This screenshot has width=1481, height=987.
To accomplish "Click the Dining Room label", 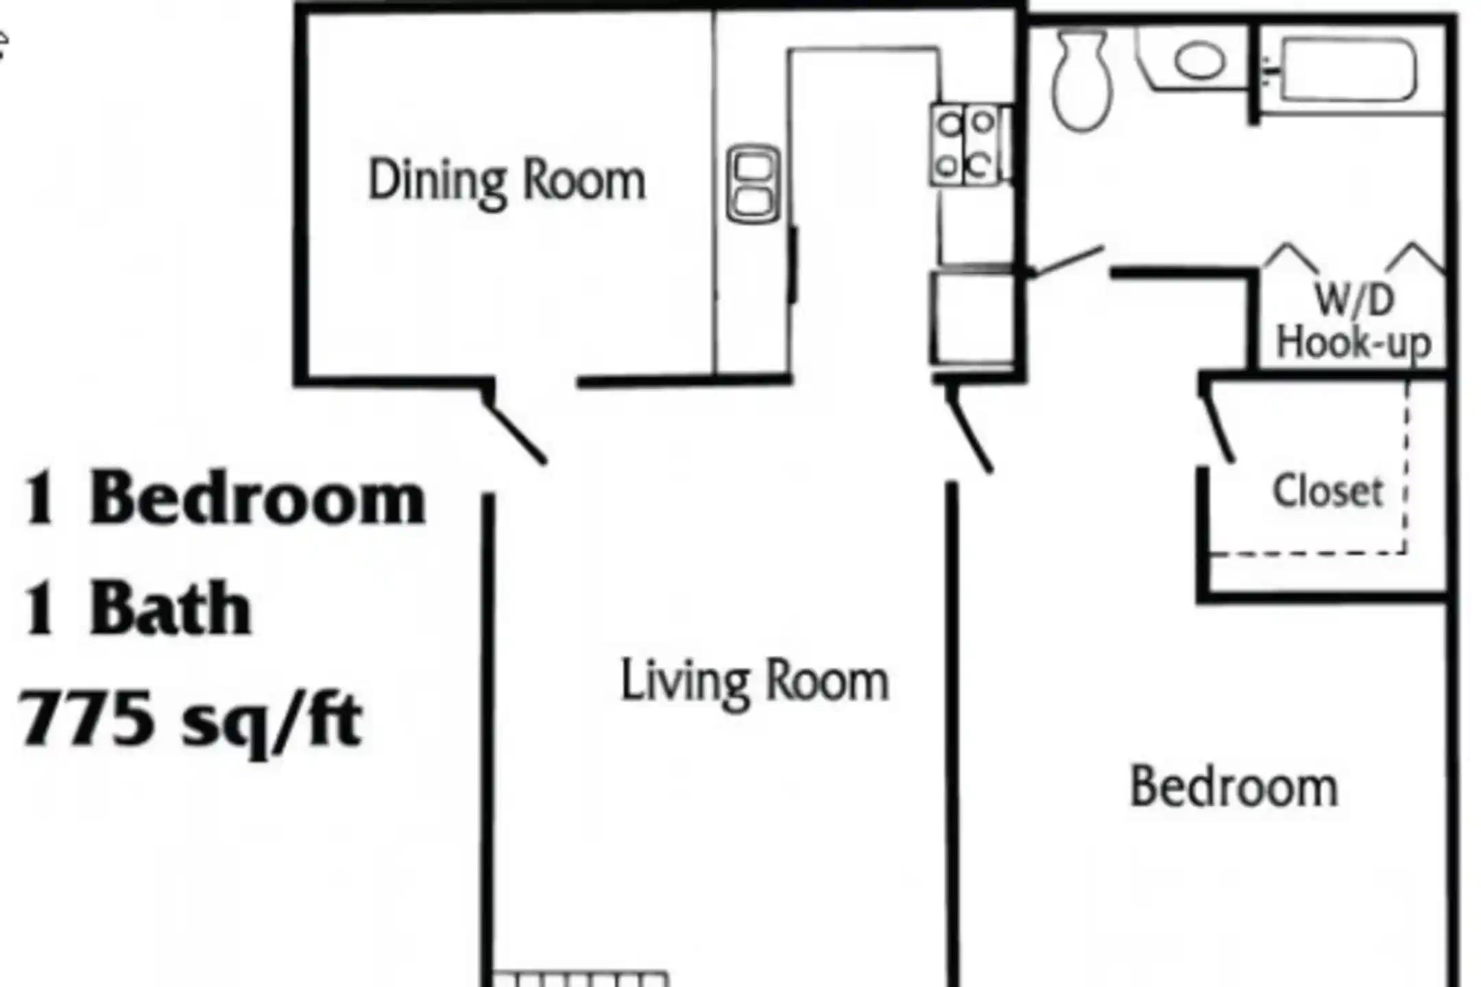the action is [507, 181].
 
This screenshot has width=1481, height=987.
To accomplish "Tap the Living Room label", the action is [754, 681].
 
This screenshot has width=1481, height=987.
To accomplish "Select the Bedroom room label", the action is [1233, 787].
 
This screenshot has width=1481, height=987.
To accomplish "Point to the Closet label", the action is [1328, 491].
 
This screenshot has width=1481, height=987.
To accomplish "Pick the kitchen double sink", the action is [753, 184].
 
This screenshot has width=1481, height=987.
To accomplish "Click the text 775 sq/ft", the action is [191, 720].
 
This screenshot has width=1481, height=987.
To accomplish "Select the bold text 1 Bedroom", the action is [224, 498].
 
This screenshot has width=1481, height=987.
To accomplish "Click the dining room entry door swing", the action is [514, 432].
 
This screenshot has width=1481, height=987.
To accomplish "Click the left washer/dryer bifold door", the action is [1290, 256].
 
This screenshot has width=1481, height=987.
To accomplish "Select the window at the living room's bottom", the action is [580, 979].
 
